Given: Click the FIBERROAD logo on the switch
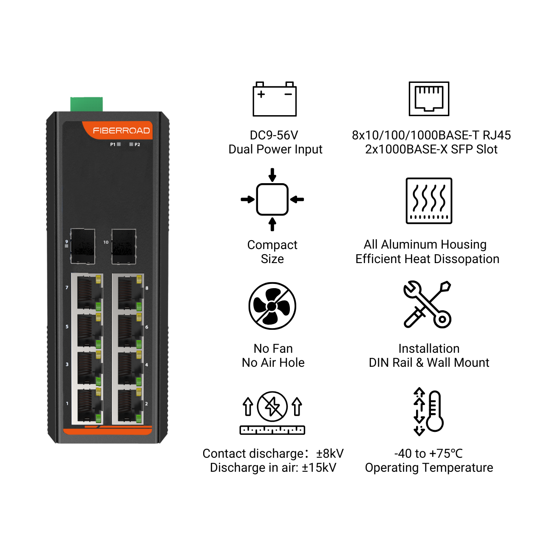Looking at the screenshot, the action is point(121,130).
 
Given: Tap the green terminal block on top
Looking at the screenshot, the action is point(86,104).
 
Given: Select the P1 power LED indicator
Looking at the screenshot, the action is point(119,144).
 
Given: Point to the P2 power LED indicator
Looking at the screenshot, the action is point(131,144).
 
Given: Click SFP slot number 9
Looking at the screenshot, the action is point(83,246).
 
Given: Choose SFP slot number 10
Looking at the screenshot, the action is point(124,246).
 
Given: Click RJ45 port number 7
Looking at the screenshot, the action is point(88,292).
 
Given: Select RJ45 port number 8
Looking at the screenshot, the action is point(128,292).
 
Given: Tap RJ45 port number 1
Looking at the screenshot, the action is point(88,405).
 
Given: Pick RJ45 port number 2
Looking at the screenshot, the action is point(128,405).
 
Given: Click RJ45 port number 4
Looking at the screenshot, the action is point(128,368).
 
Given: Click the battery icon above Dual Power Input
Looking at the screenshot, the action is point(275,99).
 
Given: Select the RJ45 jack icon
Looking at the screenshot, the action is point(429,99).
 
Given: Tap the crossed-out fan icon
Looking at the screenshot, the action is point(272,306).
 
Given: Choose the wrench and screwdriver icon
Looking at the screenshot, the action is point(428,304).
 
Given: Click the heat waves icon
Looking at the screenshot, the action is point(429,201).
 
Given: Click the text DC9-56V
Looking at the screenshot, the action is point(274,135).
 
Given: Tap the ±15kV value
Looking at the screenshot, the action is point(319,468).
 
